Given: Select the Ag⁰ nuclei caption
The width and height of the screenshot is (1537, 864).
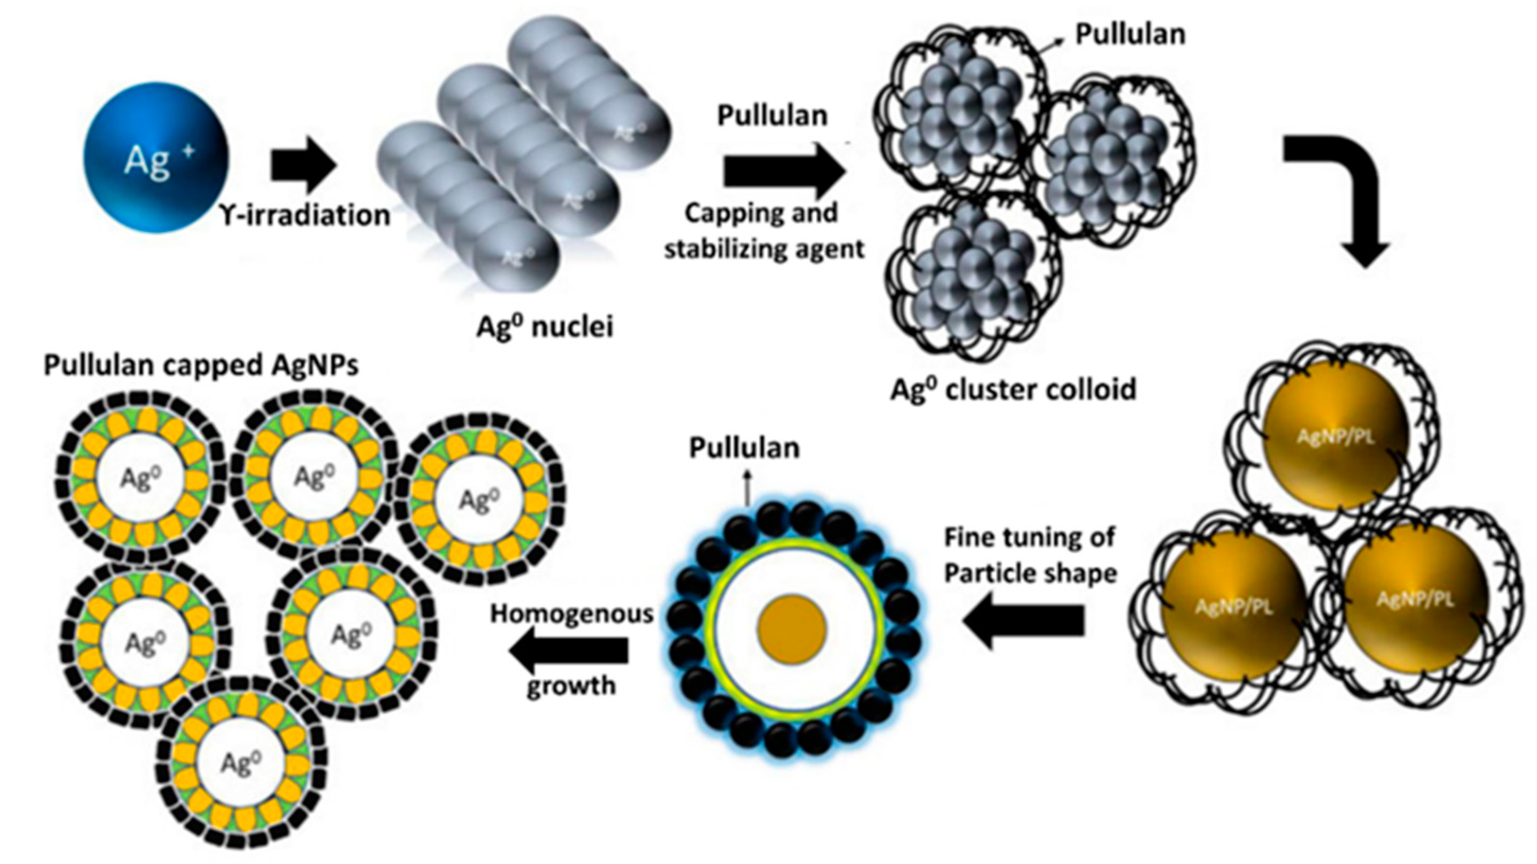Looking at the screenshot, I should tap(544, 326).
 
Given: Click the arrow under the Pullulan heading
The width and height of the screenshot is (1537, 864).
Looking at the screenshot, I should tap(784, 173).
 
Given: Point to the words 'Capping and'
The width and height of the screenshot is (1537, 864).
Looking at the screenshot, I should tap(761, 213).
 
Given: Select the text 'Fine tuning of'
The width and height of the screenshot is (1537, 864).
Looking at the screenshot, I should tap(1029, 538).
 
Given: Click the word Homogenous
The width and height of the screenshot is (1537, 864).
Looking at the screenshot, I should tap(572, 613).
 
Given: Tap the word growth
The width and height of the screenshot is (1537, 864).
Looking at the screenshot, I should tap(571, 685).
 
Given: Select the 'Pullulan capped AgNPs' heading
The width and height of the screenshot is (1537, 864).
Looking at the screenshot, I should tap(201, 366).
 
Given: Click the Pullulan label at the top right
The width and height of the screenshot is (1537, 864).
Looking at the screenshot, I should tap(1130, 34).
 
